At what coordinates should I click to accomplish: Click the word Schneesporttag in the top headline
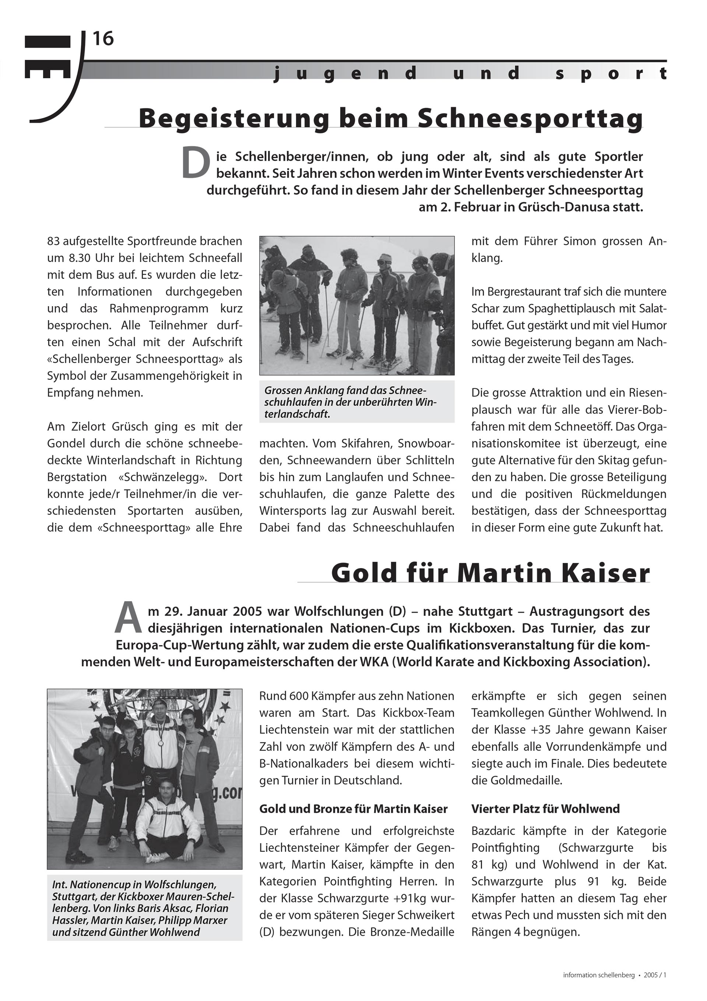click(x=531, y=118)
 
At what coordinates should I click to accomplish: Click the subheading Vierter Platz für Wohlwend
click(x=545, y=809)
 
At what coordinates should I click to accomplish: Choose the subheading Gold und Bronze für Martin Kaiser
click(x=353, y=809)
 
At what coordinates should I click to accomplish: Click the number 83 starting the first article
click(x=54, y=241)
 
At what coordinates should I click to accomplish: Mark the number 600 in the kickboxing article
click(x=298, y=696)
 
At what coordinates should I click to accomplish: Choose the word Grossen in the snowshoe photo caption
click(x=283, y=390)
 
